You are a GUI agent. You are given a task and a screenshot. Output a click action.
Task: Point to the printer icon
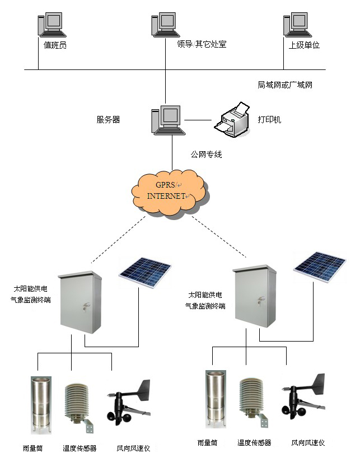point(232,119)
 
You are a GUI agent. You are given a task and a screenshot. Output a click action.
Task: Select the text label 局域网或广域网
point(285,85)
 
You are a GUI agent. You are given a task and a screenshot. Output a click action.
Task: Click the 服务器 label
point(108,119)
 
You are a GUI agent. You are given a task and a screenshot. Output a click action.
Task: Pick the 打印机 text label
point(269,120)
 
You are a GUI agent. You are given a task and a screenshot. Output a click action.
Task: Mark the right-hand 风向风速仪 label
point(308,442)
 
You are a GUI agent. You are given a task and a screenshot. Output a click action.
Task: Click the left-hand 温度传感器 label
point(80,449)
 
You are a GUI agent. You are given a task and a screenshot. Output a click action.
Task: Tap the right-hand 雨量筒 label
point(207,442)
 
